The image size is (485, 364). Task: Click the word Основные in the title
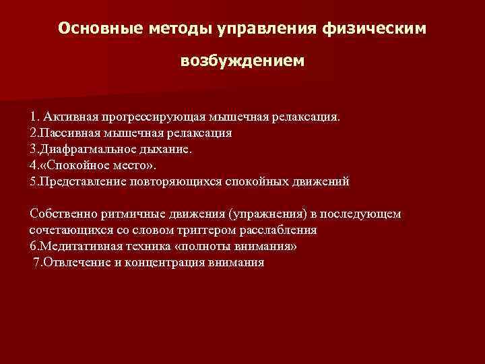(98, 29)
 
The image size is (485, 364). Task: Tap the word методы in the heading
(179, 29)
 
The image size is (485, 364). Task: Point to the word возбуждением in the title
(242, 61)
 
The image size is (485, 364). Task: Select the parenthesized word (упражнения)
(264, 214)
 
